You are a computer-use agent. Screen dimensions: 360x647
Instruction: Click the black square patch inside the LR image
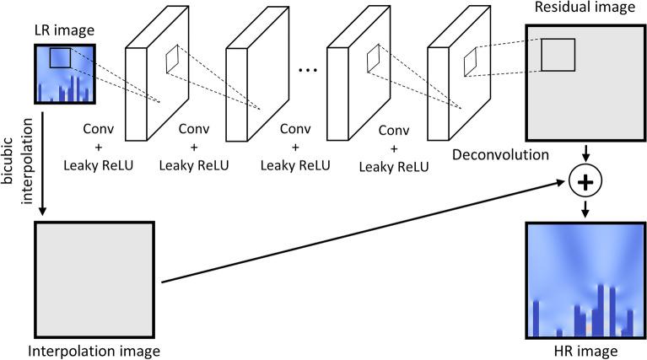coord(61,57)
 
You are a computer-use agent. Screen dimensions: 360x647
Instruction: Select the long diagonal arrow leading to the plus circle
coord(363,232)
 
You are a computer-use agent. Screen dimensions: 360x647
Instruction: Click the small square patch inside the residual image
coord(558,55)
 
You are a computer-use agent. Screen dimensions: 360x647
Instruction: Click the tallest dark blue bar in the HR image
coord(601,309)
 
